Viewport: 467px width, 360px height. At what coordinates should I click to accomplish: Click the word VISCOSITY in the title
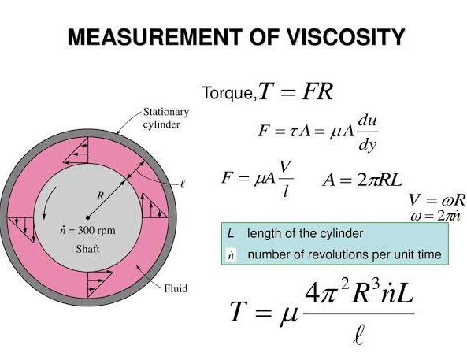coord(346,37)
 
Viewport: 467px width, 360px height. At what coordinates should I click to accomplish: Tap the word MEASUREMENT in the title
coord(154,37)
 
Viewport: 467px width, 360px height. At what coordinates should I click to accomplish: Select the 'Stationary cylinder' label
coord(166,118)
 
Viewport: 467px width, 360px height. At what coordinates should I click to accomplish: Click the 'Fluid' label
coord(176,288)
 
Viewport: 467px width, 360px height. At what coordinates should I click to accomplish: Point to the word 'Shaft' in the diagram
coord(87,249)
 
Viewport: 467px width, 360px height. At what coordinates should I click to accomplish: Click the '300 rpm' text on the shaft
coord(97,230)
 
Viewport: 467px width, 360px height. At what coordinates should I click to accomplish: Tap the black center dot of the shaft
coord(87,217)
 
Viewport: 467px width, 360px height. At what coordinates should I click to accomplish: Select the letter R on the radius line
coord(101,196)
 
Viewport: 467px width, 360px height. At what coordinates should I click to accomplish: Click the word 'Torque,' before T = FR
coord(229,93)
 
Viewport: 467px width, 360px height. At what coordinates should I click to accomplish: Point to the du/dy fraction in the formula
coord(368,132)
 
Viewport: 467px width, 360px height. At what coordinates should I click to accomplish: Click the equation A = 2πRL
coord(362,180)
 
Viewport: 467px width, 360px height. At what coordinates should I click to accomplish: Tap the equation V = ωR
coord(436,199)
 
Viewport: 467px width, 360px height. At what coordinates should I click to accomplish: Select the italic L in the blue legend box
coord(231,233)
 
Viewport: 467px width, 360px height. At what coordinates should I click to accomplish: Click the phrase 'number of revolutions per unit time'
coord(345,254)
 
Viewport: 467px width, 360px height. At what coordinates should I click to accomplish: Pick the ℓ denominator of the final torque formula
coord(359,336)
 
